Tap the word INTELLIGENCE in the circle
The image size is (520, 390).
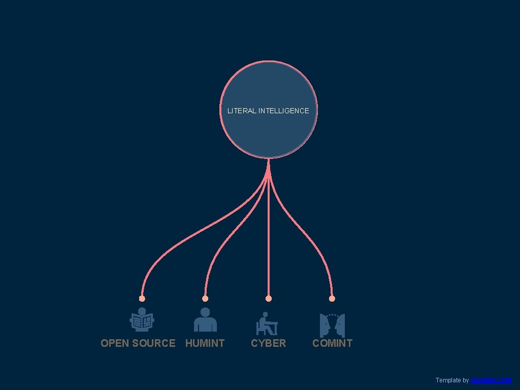pos(283,111)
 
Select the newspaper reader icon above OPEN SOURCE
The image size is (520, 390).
pos(142,320)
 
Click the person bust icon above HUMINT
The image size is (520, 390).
pos(205,320)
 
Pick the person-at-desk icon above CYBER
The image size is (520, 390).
pos(267,324)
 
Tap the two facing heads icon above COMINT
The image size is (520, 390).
pos(332,325)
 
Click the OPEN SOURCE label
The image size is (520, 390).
pos(138,343)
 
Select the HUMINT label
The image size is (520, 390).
pos(205,343)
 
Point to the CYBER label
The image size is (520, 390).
pos(268,343)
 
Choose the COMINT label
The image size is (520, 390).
pos(332,343)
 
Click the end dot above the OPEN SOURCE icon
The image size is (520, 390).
pos(142,299)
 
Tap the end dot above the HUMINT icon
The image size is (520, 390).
pos(205,299)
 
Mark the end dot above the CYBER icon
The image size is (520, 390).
pos(269,299)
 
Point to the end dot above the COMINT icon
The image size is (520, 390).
pos(332,299)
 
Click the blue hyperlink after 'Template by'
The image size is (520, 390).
pos(491,380)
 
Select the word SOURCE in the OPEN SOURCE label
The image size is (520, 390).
pos(154,343)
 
